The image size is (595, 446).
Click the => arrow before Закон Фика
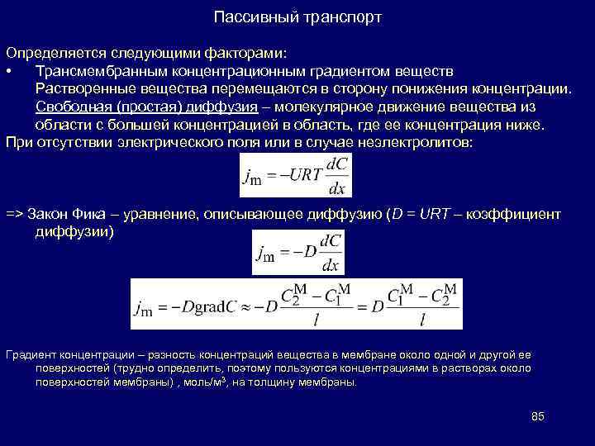tap(14, 214)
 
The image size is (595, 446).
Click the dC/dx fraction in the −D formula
tap(331, 253)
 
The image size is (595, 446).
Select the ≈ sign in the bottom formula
tap(248, 306)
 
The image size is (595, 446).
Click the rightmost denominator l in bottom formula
tap(422, 317)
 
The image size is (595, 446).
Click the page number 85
tap(537, 415)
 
